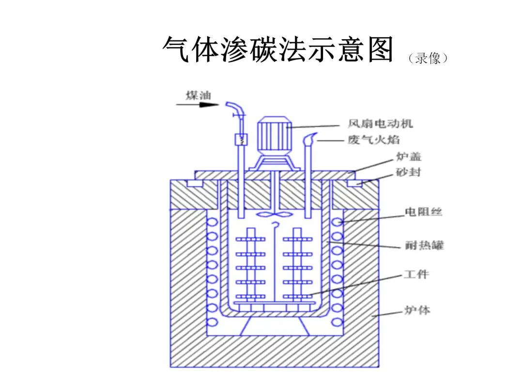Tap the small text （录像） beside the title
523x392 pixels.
pyautogui.click(x=428, y=59)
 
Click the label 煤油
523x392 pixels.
pyautogui.click(x=199, y=95)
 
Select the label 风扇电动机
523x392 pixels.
pyautogui.click(x=380, y=124)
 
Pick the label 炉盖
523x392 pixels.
pyautogui.click(x=409, y=156)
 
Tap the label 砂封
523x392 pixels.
pyautogui.click(x=408, y=172)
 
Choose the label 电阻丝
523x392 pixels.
pyautogui.click(x=424, y=211)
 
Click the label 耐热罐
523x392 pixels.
pyautogui.click(x=424, y=245)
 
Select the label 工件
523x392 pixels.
pyautogui.click(x=416, y=274)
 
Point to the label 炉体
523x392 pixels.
pyautogui.click(x=417, y=310)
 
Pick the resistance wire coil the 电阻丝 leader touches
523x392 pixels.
pyautogui.click(x=338, y=222)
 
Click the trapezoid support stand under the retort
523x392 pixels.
pyautogui.click(x=274, y=326)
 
